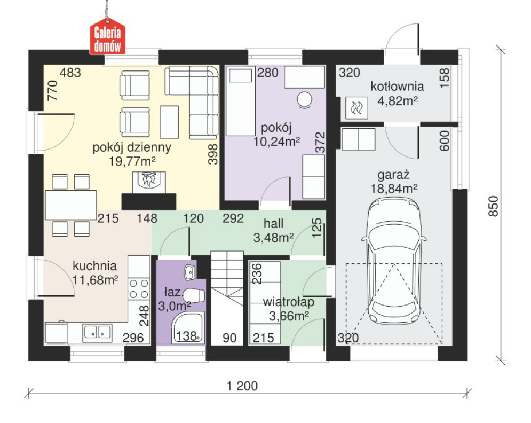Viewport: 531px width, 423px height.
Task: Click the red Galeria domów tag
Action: click(107, 37)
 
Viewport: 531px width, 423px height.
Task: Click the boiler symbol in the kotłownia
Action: click(356, 108)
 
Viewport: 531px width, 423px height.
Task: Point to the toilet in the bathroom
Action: click(195, 295)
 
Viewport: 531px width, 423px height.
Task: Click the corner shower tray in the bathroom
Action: click(188, 328)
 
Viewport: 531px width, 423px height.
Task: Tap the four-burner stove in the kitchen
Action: click(139, 288)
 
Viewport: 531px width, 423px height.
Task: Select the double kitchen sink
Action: click(98, 332)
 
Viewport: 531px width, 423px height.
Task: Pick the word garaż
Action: click(394, 175)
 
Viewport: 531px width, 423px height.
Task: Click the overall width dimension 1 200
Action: click(242, 386)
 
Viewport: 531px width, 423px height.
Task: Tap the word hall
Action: click(274, 223)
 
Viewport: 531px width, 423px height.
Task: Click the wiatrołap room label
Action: click(289, 302)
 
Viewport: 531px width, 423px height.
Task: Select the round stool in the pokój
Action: click(304, 100)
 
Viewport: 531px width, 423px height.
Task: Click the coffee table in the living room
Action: click(169, 122)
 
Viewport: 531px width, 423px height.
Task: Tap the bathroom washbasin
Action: click(189, 272)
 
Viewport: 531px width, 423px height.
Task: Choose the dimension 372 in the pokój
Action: click(320, 143)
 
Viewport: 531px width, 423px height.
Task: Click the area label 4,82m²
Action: click(397, 100)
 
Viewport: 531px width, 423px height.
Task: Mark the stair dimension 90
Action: click(229, 338)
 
